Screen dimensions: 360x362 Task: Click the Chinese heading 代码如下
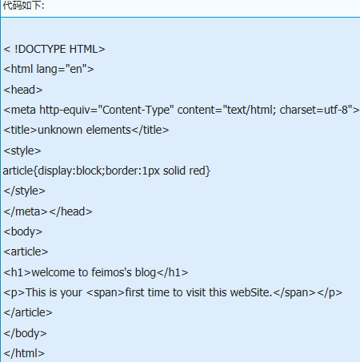pos(22,5)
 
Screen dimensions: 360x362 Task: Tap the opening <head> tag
pos(23,90)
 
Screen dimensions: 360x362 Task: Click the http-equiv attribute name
pos(66,110)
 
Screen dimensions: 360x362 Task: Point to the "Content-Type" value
pos(136,110)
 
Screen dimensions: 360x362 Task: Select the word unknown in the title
pos(60,130)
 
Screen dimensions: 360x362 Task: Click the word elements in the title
pos(109,130)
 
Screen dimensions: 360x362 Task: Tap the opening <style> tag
pos(22,151)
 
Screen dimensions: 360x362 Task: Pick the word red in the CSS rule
pos(197,171)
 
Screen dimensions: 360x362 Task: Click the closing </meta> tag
pos(26,211)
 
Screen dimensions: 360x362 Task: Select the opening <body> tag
pos(23,231)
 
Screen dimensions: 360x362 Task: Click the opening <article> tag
pos(26,251)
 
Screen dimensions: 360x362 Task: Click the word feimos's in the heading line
pos(111,272)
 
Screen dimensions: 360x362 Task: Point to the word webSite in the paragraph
pos(250,292)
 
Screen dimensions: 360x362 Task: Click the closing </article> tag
pos(28,312)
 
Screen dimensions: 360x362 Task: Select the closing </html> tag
pos(24,353)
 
